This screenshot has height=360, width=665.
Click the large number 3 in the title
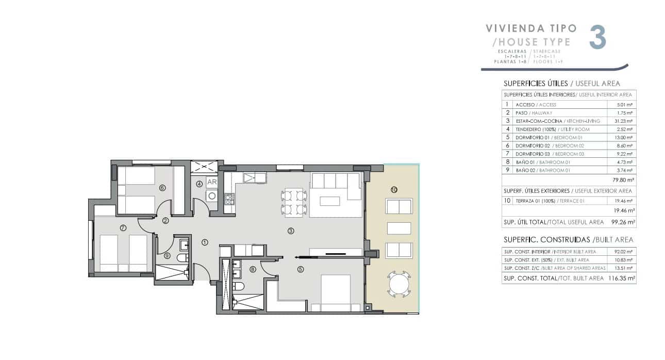coord(597,38)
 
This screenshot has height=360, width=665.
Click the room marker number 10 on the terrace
coord(394,190)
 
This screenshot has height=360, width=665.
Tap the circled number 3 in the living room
coord(291,231)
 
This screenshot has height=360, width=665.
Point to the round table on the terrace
coord(398,284)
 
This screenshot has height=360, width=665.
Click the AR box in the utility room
coord(211,182)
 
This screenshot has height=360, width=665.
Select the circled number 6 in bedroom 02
coord(162,188)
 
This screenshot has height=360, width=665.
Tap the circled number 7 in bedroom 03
coord(123,227)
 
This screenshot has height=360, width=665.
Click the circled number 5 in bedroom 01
coord(301,269)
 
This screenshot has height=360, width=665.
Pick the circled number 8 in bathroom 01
coord(253,269)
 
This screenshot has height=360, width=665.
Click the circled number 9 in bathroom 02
coord(167,255)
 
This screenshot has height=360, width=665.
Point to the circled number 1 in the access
coord(205,242)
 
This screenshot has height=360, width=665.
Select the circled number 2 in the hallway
coord(165,221)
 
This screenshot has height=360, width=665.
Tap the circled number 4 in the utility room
coord(199,184)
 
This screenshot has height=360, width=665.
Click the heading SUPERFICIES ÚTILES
coord(535,84)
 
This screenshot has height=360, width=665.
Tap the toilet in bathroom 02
coord(182,257)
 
